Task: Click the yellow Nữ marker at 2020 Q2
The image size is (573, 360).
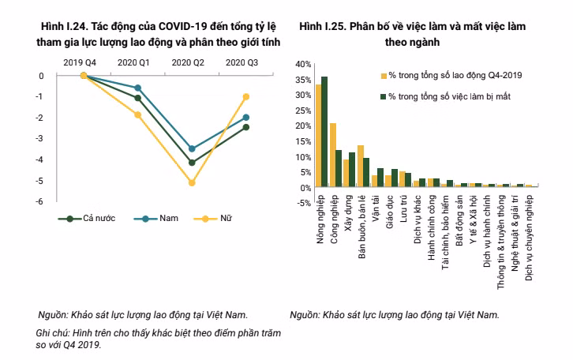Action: [191, 182]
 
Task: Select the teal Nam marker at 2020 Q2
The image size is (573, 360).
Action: [191, 148]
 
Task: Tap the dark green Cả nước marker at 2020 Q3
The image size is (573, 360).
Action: [246, 127]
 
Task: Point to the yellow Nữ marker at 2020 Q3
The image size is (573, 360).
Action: [246, 96]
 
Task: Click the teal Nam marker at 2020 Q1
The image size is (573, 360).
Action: [138, 88]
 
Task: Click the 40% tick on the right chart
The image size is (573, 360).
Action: [301, 63]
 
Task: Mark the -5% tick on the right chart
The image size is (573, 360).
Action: [301, 203]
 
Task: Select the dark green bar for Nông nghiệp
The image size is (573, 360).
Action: [324, 132]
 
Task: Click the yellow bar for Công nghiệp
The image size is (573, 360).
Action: [333, 155]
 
